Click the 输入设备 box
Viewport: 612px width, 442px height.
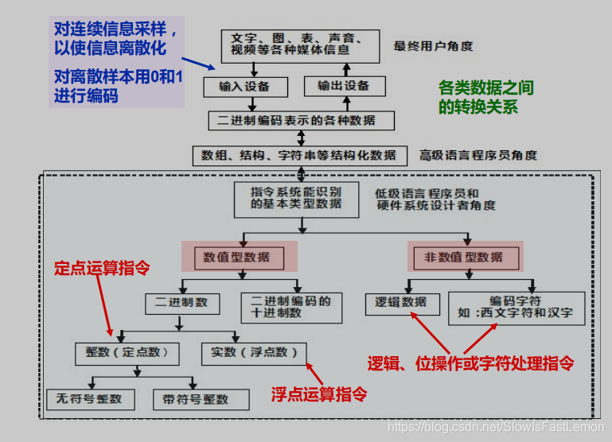(244, 86)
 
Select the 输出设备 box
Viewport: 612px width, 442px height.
(345, 85)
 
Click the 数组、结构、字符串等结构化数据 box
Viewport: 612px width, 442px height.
(298, 155)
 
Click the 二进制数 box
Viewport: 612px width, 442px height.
(181, 302)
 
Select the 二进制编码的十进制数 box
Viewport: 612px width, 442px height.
(290, 306)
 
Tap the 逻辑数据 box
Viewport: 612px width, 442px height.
(402, 302)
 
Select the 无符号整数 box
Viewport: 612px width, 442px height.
(90, 398)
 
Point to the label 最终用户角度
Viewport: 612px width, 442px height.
(433, 46)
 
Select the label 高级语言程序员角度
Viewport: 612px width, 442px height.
(478, 155)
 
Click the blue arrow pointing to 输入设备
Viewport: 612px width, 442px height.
(201, 64)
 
